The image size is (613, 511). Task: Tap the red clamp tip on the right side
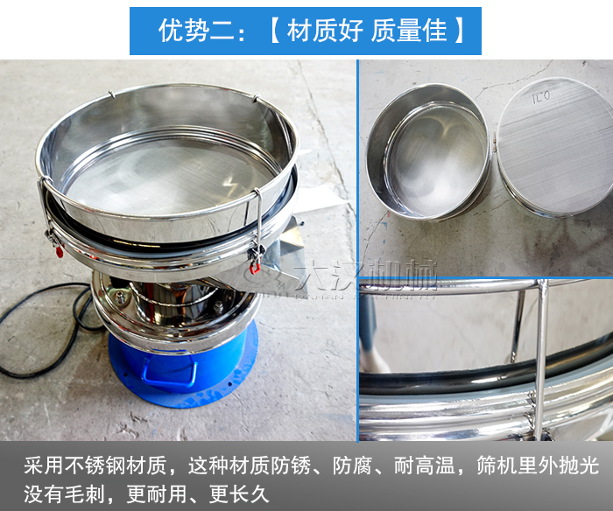pos(255,269)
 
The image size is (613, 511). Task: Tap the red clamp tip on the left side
pos(59,252)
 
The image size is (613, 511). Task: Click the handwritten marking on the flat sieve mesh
pos(540,96)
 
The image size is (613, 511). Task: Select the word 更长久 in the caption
pos(238,493)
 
